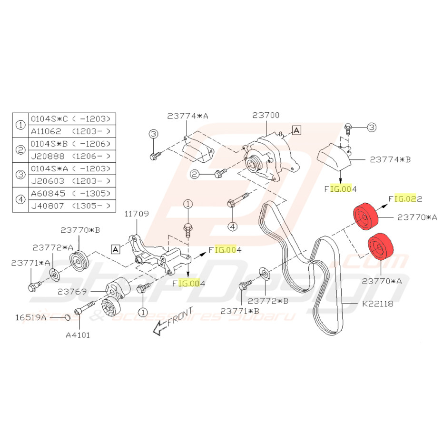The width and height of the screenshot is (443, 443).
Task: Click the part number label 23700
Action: click(x=266, y=115)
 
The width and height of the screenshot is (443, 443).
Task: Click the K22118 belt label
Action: click(x=378, y=303)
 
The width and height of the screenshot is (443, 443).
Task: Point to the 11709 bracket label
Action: click(x=137, y=215)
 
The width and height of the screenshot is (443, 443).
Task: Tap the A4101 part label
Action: click(x=78, y=335)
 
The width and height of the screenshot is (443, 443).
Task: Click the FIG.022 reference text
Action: click(x=406, y=198)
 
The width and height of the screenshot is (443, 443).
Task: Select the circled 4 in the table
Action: click(x=20, y=199)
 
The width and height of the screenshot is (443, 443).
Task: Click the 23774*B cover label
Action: click(x=390, y=159)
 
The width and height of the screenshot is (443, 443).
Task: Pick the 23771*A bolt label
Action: click(x=29, y=262)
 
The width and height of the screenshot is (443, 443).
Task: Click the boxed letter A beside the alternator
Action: click(x=296, y=129)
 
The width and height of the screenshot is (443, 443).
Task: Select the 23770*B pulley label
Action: click(x=80, y=230)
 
